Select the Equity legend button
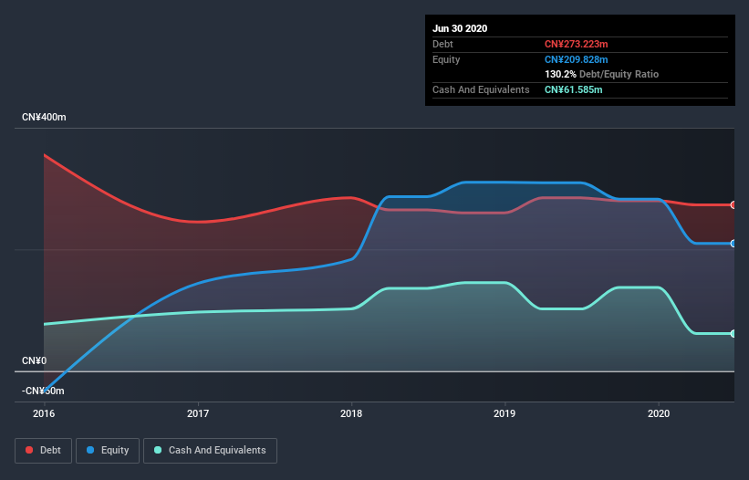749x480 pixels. [108, 450]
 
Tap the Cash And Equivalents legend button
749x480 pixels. [210, 450]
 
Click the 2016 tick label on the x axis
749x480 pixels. [44, 413]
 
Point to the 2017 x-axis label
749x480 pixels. [198, 413]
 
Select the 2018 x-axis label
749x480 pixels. [351, 413]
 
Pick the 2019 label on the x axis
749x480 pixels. [505, 413]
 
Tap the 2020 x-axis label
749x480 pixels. [658, 413]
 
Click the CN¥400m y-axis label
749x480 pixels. [45, 118]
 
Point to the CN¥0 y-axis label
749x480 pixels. [34, 360]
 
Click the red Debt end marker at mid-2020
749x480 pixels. [733, 204]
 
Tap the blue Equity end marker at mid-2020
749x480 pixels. [733, 243]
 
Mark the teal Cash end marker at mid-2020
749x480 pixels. [733, 333]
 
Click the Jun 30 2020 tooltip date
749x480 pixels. [460, 28]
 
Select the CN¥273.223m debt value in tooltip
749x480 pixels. [576, 44]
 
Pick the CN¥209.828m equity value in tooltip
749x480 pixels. [576, 59]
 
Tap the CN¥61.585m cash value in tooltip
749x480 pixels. [573, 89]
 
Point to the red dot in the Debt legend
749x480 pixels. [30, 450]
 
